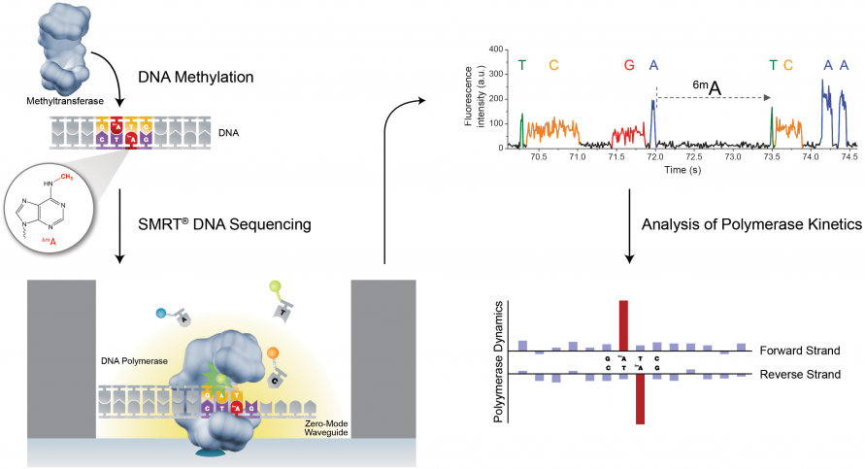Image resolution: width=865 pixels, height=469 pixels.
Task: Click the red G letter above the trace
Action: [x=629, y=65]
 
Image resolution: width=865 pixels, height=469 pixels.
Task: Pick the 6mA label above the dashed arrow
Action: [x=706, y=88]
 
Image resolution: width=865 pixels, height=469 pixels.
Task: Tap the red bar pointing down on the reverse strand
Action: [x=640, y=399]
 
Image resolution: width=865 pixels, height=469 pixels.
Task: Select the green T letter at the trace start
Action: [x=522, y=65]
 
